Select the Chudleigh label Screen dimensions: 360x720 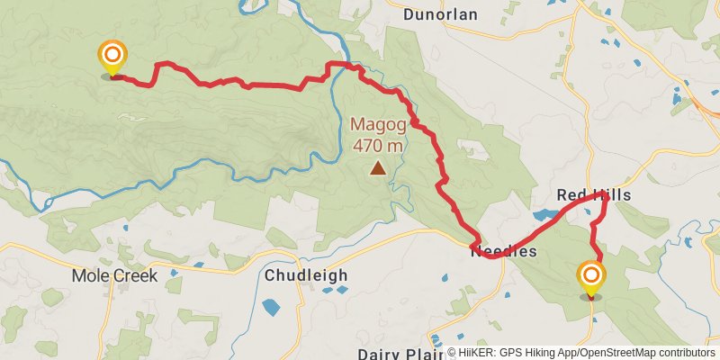306,275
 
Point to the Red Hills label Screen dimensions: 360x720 593,195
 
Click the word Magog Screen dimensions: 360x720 378,124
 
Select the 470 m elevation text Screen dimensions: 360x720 378,145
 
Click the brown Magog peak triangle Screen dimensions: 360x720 378,167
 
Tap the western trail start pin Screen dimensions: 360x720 112,58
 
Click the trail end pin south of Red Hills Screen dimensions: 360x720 591,277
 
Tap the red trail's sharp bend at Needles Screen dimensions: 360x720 474,245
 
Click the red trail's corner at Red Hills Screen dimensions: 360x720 603,195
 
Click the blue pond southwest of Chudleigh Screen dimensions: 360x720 271,306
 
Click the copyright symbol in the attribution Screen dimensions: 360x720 452,353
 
